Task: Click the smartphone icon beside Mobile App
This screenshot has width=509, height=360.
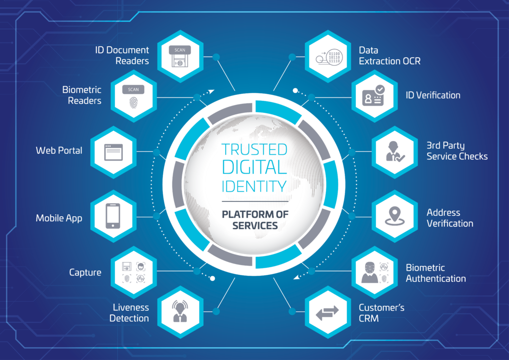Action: pyautogui.click(x=113, y=216)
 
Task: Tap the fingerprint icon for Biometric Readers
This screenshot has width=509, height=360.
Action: pyautogui.click(x=133, y=103)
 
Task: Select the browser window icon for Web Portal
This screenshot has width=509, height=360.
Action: pyautogui.click(x=113, y=152)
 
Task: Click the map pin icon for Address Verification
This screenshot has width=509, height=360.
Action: pyautogui.click(x=394, y=216)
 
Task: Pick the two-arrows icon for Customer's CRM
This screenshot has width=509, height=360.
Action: pyautogui.click(x=327, y=312)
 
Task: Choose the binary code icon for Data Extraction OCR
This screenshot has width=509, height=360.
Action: pyautogui.click(x=329, y=58)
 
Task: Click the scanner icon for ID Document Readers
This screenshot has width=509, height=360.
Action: pyautogui.click(x=180, y=56)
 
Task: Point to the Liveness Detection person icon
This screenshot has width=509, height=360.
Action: pyautogui.click(x=180, y=311)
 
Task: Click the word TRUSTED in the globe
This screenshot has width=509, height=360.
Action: pyautogui.click(x=254, y=150)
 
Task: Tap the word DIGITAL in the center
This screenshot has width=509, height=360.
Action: pyautogui.click(x=254, y=167)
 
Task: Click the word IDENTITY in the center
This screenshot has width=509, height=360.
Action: pyautogui.click(x=254, y=186)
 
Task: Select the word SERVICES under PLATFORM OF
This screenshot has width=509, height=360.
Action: pyautogui.click(x=255, y=226)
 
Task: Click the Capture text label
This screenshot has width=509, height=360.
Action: pyautogui.click(x=85, y=272)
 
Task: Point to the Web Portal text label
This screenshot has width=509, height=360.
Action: pyautogui.click(x=59, y=150)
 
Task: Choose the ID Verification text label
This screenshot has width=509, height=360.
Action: pyautogui.click(x=433, y=95)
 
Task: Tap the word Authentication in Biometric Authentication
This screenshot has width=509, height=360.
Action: pyautogui.click(x=435, y=278)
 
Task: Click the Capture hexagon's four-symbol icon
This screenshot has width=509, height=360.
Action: pyautogui.click(x=133, y=272)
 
